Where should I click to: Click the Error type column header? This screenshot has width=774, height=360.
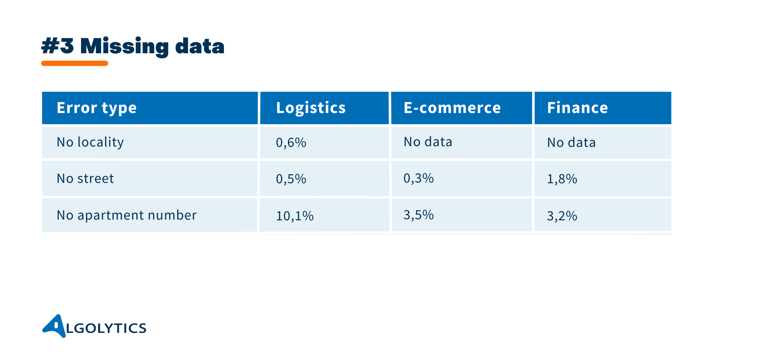[96, 108]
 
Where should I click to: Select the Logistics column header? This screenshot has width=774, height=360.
[311, 108]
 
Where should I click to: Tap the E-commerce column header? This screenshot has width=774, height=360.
[452, 108]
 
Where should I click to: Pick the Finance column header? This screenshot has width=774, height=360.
[577, 108]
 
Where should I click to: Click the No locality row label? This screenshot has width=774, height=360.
[90, 143]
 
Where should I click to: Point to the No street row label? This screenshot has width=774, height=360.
[85, 179]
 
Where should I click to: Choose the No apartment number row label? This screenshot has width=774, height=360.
[127, 215]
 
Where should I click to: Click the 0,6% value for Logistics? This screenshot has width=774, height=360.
[291, 143]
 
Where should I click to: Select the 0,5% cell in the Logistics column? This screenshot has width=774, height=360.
[291, 179]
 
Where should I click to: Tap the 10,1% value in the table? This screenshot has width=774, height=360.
[295, 216]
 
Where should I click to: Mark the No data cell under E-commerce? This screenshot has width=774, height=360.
[428, 142]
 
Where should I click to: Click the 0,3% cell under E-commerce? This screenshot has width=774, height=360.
[418, 178]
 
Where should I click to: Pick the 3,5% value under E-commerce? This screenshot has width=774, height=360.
[418, 215]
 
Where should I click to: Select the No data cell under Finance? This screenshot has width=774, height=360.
[571, 143]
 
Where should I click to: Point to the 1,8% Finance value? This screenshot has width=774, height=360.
[562, 179]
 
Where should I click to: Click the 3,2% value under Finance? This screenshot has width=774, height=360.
[562, 216]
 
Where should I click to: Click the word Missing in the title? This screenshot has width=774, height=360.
[124, 47]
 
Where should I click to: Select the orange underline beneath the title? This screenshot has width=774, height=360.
[75, 63]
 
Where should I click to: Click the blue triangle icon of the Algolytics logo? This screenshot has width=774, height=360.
[56, 326]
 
